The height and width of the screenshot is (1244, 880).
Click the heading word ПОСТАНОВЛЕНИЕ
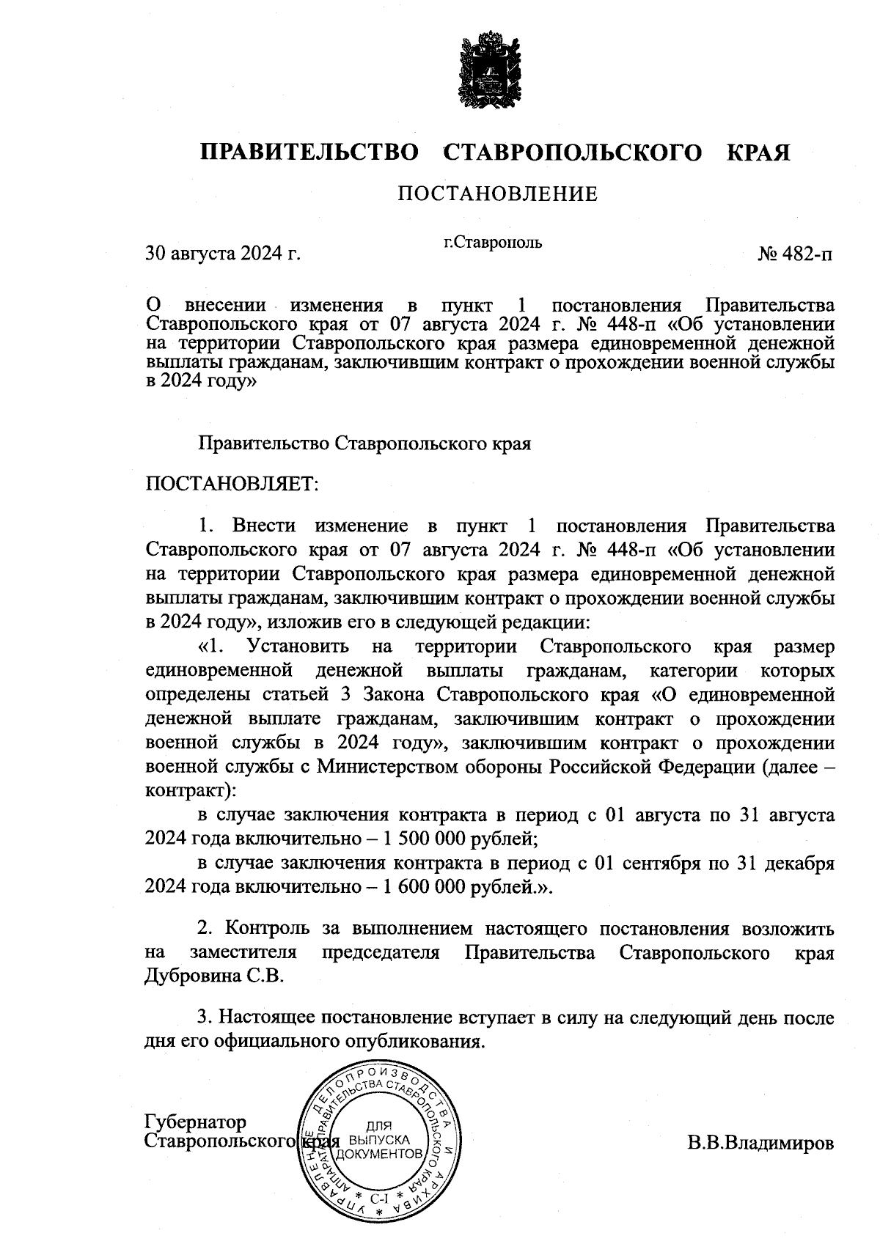point(497,194)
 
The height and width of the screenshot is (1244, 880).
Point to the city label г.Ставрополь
point(493,242)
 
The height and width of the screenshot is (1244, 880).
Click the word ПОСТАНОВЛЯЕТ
point(232,484)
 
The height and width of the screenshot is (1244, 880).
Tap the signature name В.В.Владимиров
point(760,1144)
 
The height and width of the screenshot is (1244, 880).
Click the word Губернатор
point(197,1122)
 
